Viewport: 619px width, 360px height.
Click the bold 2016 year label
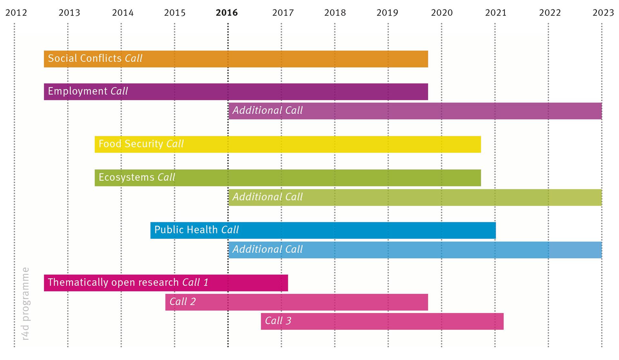coord(227,13)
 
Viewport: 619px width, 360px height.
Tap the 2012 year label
coord(16,13)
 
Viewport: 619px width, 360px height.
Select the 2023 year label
coord(603,13)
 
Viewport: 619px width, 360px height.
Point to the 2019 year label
coord(387,13)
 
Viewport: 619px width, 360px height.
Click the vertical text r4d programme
coord(26,304)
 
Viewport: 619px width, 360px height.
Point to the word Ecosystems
coord(126,177)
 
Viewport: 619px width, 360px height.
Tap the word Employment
coord(77,91)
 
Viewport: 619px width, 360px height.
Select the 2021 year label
coord(496,13)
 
